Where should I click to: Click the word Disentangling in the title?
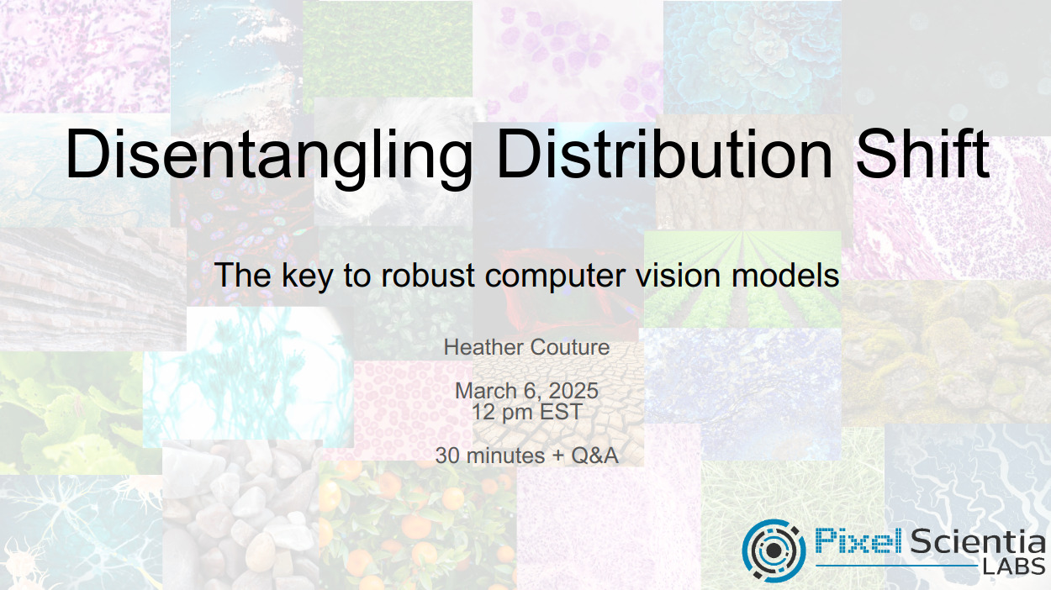[269, 155]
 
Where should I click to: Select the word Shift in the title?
[922, 153]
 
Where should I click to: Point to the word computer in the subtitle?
[555, 277]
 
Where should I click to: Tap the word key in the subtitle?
[308, 277]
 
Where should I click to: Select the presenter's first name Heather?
[483, 347]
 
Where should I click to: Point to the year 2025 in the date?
[573, 391]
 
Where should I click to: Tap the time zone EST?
[561, 413]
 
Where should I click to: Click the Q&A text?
[594, 456]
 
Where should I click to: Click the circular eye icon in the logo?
[774, 550]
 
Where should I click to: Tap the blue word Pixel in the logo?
[858, 540]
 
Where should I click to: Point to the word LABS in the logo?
[1014, 567]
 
